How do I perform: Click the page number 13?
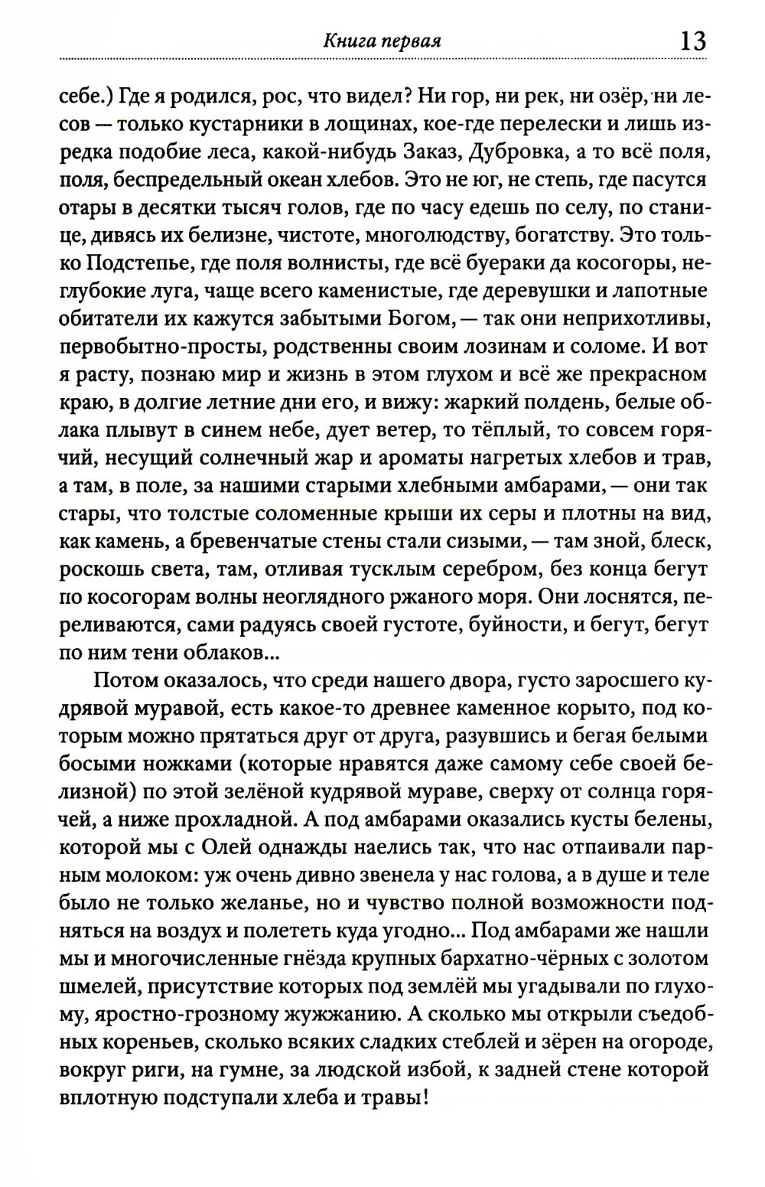(689, 40)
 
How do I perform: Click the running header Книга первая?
(382, 41)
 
